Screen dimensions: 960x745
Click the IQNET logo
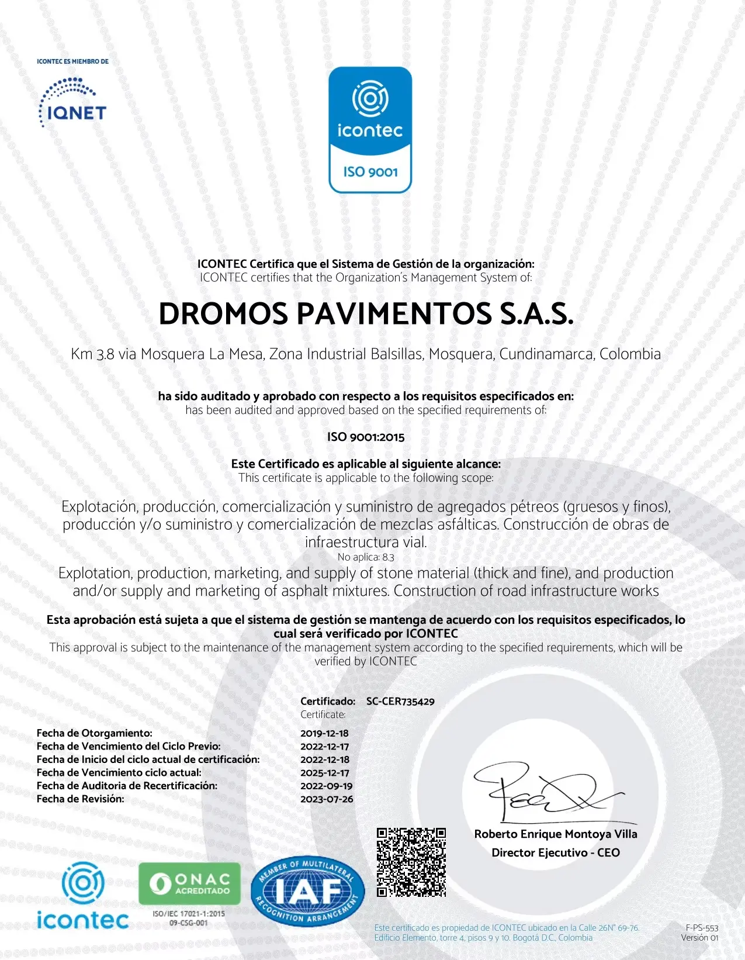tap(72, 102)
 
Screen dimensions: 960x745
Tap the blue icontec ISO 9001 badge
tap(370, 130)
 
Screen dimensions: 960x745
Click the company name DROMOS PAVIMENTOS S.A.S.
tap(366, 314)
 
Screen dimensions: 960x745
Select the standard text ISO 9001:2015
tap(366, 437)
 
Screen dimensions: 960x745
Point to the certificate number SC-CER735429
tap(400, 701)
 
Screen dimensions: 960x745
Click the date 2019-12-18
tap(324, 733)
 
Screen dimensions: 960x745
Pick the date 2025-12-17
tap(324, 772)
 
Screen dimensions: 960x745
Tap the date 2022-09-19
tap(326, 786)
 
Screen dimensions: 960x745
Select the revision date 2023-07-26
tap(327, 799)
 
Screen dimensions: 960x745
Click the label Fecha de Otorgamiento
tap(94, 733)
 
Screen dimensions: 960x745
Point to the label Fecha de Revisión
tap(80, 799)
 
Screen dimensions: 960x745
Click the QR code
tap(411, 862)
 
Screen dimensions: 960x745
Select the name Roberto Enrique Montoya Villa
tap(555, 834)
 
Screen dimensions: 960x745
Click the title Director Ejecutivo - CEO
tap(555, 852)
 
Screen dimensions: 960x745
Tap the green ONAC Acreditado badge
tap(189, 883)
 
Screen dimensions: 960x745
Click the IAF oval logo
tap(308, 891)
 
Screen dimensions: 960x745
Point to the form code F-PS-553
tap(702, 928)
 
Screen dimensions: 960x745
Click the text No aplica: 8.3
tap(366, 557)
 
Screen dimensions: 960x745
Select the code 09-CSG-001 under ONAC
tap(188, 923)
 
